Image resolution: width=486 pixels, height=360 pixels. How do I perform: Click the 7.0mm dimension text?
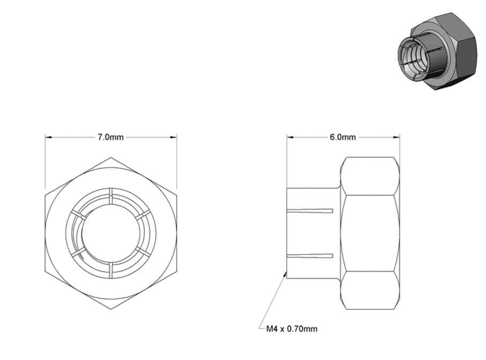pyautogui.click(x=111, y=137)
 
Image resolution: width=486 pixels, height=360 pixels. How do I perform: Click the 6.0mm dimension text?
pyautogui.click(x=343, y=137)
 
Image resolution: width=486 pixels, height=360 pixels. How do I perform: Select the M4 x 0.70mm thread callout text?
pyautogui.click(x=292, y=328)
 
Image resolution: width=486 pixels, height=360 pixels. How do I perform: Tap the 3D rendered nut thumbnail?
pyautogui.click(x=437, y=51)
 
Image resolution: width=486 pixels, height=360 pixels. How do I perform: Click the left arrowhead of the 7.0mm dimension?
pyautogui.click(x=48, y=137)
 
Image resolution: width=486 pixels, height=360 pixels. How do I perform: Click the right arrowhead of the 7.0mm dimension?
pyautogui.click(x=173, y=137)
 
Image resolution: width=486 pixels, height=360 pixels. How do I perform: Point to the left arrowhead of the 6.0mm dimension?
pyautogui.click(x=290, y=137)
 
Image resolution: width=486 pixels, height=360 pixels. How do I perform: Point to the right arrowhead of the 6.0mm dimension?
pyautogui.click(x=397, y=137)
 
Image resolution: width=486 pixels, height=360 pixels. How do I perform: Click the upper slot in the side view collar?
pyautogui.click(x=310, y=211)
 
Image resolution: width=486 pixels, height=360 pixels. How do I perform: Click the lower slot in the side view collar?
pyautogui.click(x=310, y=256)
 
